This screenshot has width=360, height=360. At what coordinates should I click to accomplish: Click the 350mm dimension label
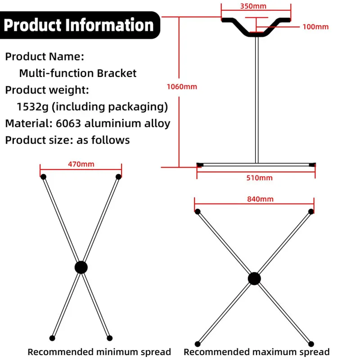(253, 6)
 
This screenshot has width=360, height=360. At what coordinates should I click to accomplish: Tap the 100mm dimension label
(315, 27)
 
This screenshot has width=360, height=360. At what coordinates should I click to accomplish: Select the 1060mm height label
(182, 86)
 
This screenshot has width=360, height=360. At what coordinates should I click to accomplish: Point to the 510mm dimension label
(260, 178)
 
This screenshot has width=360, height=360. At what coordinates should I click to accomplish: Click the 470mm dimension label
(81, 164)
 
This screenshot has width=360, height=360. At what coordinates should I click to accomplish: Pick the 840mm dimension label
(261, 199)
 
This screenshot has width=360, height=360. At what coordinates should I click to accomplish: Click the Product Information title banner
(79, 25)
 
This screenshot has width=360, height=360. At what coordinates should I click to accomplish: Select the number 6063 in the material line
(68, 123)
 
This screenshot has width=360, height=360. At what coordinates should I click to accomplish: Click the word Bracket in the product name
(117, 73)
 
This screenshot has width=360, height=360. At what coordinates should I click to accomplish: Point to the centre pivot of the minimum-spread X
(81, 267)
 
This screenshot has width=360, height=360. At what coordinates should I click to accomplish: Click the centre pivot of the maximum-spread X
(254, 279)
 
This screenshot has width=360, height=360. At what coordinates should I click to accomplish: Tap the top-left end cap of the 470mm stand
(43, 177)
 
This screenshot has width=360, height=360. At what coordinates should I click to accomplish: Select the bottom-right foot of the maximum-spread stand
(311, 344)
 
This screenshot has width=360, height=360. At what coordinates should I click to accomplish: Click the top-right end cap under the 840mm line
(311, 211)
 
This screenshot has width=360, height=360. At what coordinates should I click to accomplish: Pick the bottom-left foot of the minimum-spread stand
(52, 338)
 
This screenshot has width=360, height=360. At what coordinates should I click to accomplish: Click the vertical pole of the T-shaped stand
(256, 100)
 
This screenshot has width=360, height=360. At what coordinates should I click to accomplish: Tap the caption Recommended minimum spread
(99, 352)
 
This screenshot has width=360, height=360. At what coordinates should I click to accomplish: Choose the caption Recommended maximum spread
(256, 352)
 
